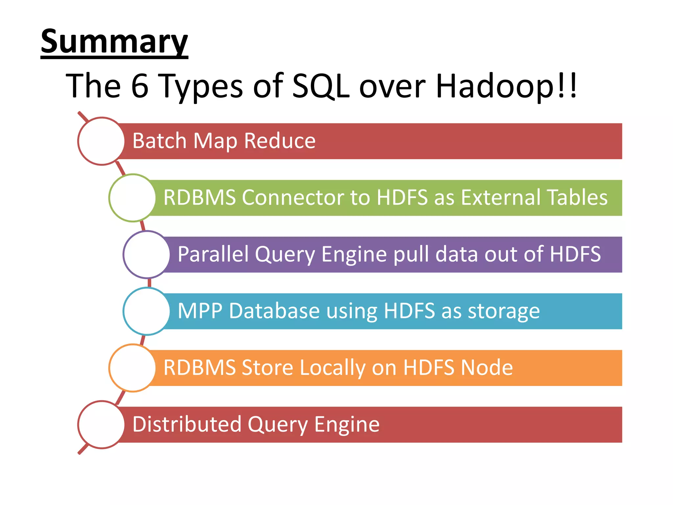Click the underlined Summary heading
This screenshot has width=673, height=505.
(114, 42)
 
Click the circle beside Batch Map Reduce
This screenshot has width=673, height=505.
(101, 141)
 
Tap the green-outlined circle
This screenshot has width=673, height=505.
(132, 198)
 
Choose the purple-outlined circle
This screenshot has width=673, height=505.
(147, 254)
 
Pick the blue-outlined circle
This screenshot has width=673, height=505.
(147, 311)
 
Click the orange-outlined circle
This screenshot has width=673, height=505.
(132, 368)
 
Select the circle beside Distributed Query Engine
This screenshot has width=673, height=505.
(101, 424)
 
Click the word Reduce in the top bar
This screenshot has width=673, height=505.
(280, 141)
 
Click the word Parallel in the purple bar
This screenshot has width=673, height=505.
(213, 254)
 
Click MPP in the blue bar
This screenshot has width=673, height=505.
(200, 311)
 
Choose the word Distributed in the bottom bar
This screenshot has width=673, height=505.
(187, 424)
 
